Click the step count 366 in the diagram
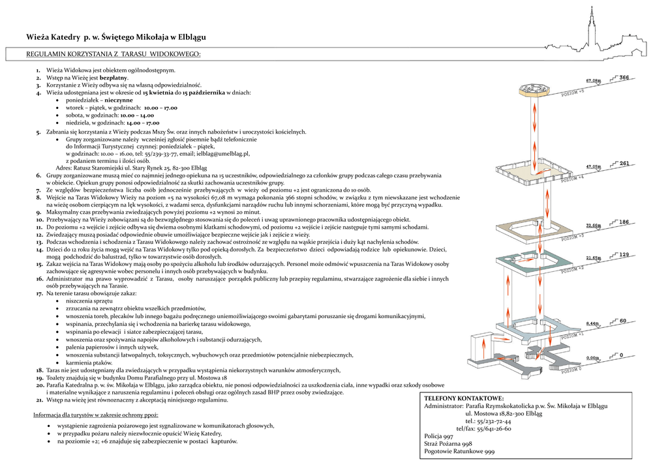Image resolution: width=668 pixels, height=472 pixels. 624,78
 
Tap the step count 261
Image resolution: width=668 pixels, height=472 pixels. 624,164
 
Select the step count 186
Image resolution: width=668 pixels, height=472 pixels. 624,222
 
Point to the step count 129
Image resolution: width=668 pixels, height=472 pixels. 624,254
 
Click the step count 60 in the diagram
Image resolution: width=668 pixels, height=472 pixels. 623,321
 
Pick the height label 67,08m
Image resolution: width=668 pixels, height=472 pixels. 593,81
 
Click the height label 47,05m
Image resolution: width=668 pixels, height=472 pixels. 593,167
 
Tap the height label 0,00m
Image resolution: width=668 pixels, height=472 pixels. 593,358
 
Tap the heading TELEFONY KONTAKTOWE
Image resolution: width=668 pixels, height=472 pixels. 464,398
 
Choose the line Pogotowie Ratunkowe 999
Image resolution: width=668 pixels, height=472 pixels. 459,452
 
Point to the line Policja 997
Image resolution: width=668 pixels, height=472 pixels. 438,436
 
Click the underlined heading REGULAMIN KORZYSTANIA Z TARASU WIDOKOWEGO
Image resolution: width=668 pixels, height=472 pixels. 113,54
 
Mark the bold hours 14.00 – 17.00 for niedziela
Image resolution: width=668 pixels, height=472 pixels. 143,123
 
